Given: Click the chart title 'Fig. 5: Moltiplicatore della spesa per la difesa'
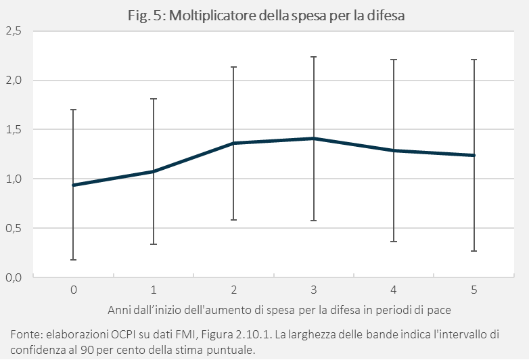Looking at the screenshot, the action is (x=266, y=16).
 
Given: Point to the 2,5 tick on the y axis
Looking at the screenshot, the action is (x=14, y=31).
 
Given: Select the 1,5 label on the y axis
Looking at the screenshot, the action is (x=14, y=129).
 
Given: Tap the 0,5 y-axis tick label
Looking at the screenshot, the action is (x=14, y=229).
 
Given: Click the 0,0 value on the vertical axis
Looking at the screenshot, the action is (x=14, y=277).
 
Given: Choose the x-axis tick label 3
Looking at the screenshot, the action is (x=314, y=290).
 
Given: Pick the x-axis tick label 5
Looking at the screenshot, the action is (x=474, y=290).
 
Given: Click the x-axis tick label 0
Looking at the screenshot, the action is (x=74, y=290).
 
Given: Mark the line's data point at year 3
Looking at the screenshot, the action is (x=314, y=138).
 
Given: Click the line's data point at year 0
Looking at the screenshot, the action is (x=74, y=185).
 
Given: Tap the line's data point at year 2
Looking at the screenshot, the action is (x=234, y=143).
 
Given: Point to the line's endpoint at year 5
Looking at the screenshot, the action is (x=474, y=155).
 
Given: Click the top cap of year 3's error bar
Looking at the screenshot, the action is (x=314, y=57).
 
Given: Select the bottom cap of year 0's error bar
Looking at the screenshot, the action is (x=74, y=260).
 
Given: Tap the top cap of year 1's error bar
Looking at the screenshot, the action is (x=154, y=99).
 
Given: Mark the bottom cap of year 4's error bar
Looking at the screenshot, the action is (x=394, y=242).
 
